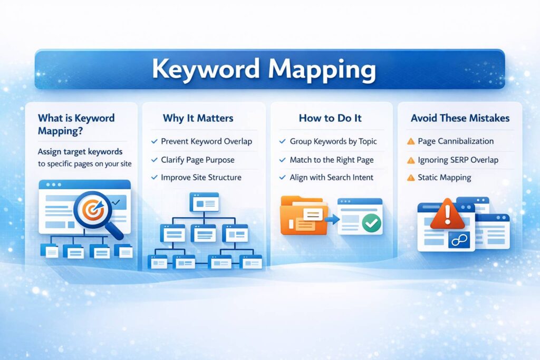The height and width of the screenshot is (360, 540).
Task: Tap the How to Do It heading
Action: (x=330, y=118)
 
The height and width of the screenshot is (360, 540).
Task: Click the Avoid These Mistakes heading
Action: (x=459, y=118)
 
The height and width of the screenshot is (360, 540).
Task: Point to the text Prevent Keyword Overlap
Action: (x=206, y=141)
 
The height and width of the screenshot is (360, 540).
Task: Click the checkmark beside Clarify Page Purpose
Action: (x=154, y=160)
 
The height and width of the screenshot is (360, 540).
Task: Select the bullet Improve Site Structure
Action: (x=201, y=178)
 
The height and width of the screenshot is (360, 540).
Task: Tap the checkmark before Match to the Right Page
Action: (x=283, y=160)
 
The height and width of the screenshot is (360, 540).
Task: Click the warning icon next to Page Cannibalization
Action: (x=411, y=141)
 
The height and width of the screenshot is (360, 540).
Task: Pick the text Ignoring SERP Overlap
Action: (x=458, y=160)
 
